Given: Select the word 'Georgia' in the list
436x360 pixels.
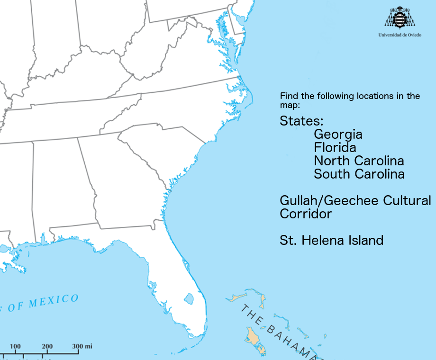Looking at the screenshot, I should (338, 135).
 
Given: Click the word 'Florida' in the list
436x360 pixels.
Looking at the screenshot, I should (335, 148).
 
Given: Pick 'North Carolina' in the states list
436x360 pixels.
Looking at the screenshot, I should (359, 161).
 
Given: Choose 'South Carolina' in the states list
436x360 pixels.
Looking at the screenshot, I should (359, 174).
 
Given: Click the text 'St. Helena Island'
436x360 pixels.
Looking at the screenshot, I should (331, 240).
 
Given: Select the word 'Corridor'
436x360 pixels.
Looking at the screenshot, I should (306, 214).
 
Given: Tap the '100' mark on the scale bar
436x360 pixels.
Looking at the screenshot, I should (15, 346).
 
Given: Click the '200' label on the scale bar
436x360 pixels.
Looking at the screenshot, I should (47, 346).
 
